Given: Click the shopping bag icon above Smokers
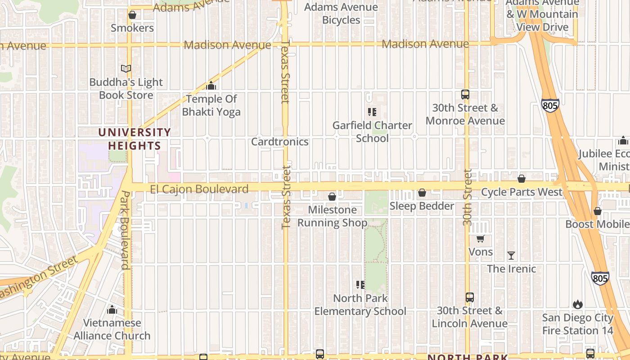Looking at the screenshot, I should click(x=132, y=15).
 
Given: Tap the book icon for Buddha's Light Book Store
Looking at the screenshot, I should click(x=126, y=69).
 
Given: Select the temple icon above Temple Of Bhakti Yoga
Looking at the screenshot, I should click(x=211, y=85).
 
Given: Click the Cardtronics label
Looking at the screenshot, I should click(x=279, y=142).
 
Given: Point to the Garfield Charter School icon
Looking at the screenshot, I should click(x=372, y=112).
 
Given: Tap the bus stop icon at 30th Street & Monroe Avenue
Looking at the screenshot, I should click(x=465, y=94).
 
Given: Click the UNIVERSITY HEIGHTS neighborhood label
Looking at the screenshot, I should click(x=135, y=139).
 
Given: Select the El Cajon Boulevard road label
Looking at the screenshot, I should click(x=199, y=189).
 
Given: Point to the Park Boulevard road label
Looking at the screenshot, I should click(x=125, y=230).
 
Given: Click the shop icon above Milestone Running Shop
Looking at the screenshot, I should click(x=332, y=197).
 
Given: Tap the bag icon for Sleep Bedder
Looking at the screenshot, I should click(x=422, y=193).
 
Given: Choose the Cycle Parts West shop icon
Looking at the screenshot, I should click(x=522, y=179).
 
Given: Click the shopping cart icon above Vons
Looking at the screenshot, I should click(x=481, y=239).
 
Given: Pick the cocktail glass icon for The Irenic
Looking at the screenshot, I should click(x=511, y=256).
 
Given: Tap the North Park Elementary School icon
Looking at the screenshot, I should click(x=360, y=285).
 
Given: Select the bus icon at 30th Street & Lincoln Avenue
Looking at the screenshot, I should click(x=469, y=297).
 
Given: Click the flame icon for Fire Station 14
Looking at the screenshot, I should click(x=578, y=305).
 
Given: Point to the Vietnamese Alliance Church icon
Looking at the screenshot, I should click(x=112, y=310).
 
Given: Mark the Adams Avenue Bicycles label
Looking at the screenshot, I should click(x=341, y=13).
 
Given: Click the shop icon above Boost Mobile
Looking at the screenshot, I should click(x=598, y=211).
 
